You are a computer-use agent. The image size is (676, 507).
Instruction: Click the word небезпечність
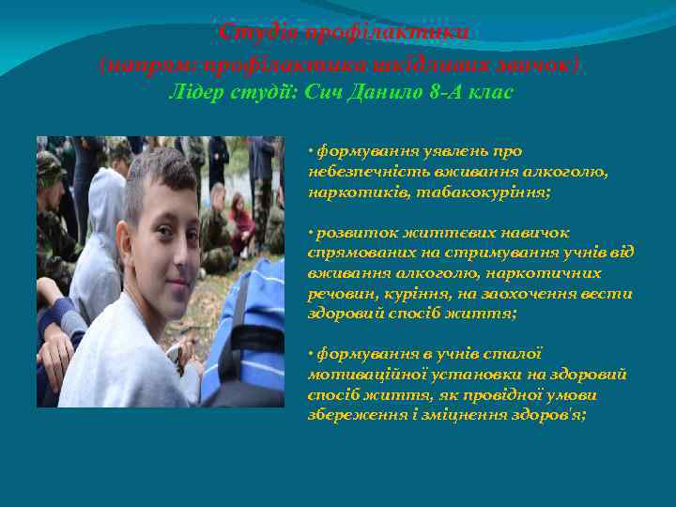pyautogui.click(x=362, y=172)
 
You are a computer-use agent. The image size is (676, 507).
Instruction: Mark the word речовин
pyautogui.click(x=340, y=294)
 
